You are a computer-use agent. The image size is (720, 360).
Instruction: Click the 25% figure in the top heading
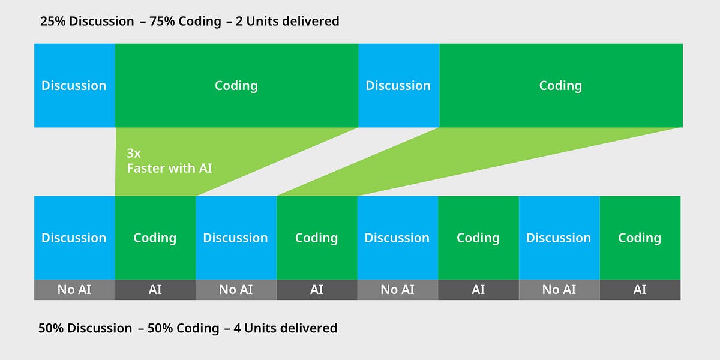click(53, 21)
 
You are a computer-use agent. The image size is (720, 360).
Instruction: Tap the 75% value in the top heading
click(162, 21)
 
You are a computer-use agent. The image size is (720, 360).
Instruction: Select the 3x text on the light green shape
click(134, 154)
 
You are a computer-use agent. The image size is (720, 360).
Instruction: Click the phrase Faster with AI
click(169, 169)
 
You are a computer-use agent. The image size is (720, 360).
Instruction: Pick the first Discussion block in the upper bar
click(74, 85)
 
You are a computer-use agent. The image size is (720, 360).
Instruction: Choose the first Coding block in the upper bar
click(236, 85)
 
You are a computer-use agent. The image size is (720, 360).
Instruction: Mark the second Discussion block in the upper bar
click(399, 85)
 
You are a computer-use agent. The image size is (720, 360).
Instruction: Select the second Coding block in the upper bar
click(561, 85)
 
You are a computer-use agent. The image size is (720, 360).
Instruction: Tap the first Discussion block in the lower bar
click(74, 238)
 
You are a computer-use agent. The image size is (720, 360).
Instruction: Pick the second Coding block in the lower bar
click(317, 238)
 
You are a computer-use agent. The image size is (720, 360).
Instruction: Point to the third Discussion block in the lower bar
click(398, 238)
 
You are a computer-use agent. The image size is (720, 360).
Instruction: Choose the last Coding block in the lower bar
click(640, 238)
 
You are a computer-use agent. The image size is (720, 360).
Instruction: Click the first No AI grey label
click(74, 290)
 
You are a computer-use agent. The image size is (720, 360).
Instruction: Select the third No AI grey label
click(398, 290)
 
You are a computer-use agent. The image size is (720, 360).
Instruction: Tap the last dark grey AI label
click(640, 290)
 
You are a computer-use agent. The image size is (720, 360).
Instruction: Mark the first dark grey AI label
click(155, 290)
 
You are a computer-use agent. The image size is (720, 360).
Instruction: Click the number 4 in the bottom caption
click(237, 328)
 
